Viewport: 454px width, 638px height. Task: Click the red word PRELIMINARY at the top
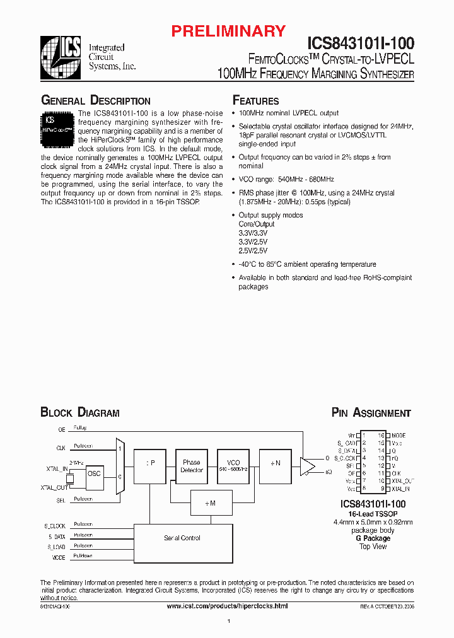[230, 31]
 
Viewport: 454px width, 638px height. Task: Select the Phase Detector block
[192, 466]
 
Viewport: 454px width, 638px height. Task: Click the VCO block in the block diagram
[233, 466]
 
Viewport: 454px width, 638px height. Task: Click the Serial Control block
[182, 538]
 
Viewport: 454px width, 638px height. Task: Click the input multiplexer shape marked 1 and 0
[120, 467]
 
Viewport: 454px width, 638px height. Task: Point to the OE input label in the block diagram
[62, 429]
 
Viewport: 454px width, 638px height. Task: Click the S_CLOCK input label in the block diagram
[55, 525]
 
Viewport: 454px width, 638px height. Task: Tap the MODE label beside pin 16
[399, 436]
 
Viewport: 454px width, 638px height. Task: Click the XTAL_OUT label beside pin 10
[403, 481]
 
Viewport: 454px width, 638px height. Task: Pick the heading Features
[255, 101]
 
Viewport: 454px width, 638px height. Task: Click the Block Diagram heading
[80, 413]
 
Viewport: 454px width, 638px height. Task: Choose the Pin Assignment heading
[371, 413]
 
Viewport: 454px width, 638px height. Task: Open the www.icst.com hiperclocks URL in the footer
[227, 605]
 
